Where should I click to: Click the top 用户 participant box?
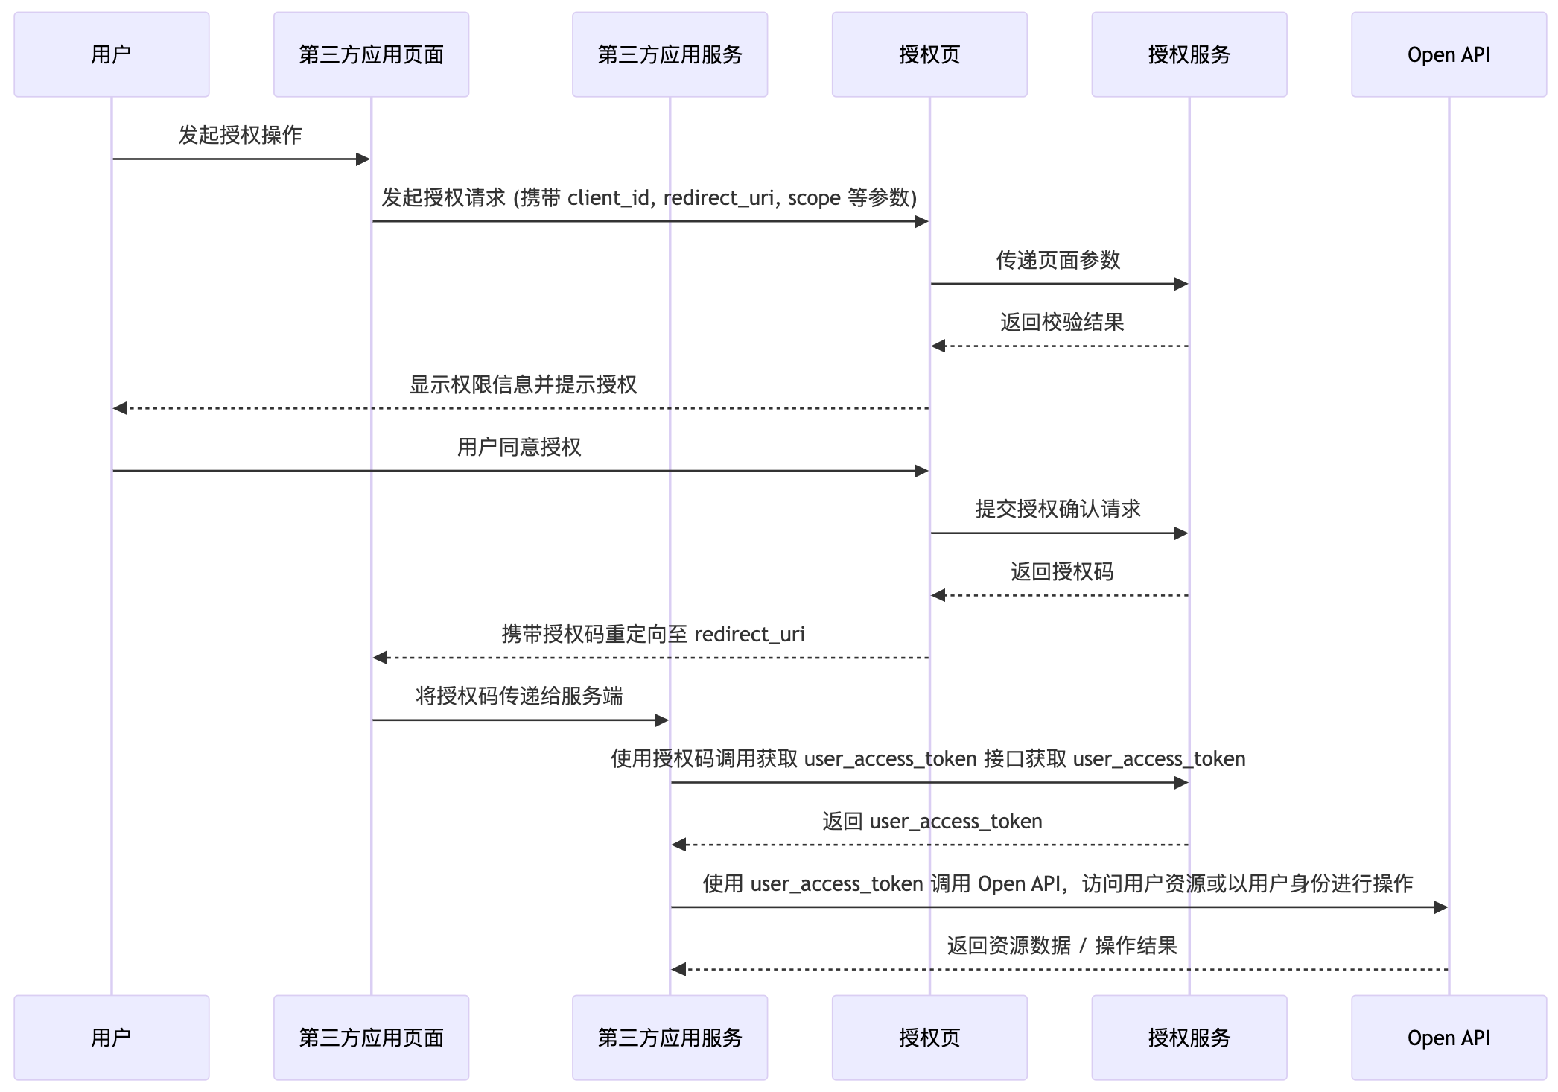111,54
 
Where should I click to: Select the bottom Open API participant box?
1449,1038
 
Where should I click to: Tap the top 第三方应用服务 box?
670,54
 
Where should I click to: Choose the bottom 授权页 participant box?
929,1038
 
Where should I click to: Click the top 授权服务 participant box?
1189,54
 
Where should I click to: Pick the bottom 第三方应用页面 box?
371,1038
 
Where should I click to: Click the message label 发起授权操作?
240,135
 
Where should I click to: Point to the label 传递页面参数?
1058,260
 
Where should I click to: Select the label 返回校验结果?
1061,323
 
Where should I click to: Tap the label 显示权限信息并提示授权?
523,384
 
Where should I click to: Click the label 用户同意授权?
518,447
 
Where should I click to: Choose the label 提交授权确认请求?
1058,510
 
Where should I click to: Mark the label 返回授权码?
1061,572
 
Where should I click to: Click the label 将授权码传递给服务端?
519,696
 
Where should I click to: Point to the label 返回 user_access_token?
932,822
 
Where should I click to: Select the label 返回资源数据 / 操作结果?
1061,946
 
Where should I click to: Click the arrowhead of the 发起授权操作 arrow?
363,159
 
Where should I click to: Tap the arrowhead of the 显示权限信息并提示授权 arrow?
120,408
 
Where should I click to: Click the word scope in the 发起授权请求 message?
814,198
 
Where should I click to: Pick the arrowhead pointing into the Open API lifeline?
1440,907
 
